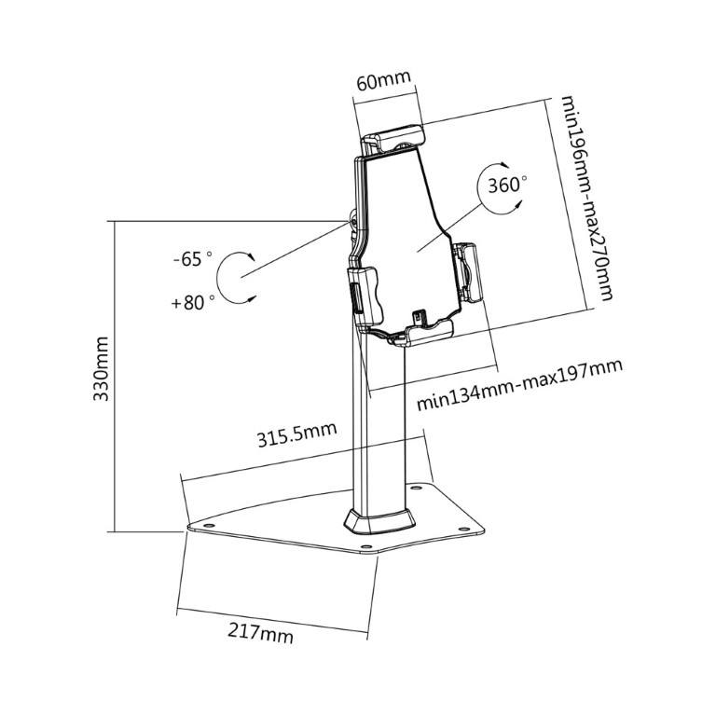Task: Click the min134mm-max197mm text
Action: (x=518, y=383)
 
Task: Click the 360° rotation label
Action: (x=506, y=185)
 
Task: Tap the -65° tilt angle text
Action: (x=192, y=259)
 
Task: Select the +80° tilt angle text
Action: (x=192, y=301)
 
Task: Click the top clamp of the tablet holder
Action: (x=393, y=141)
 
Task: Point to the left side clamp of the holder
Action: (x=363, y=290)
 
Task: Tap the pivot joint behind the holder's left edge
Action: (x=351, y=222)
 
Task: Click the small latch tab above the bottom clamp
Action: (x=419, y=316)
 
